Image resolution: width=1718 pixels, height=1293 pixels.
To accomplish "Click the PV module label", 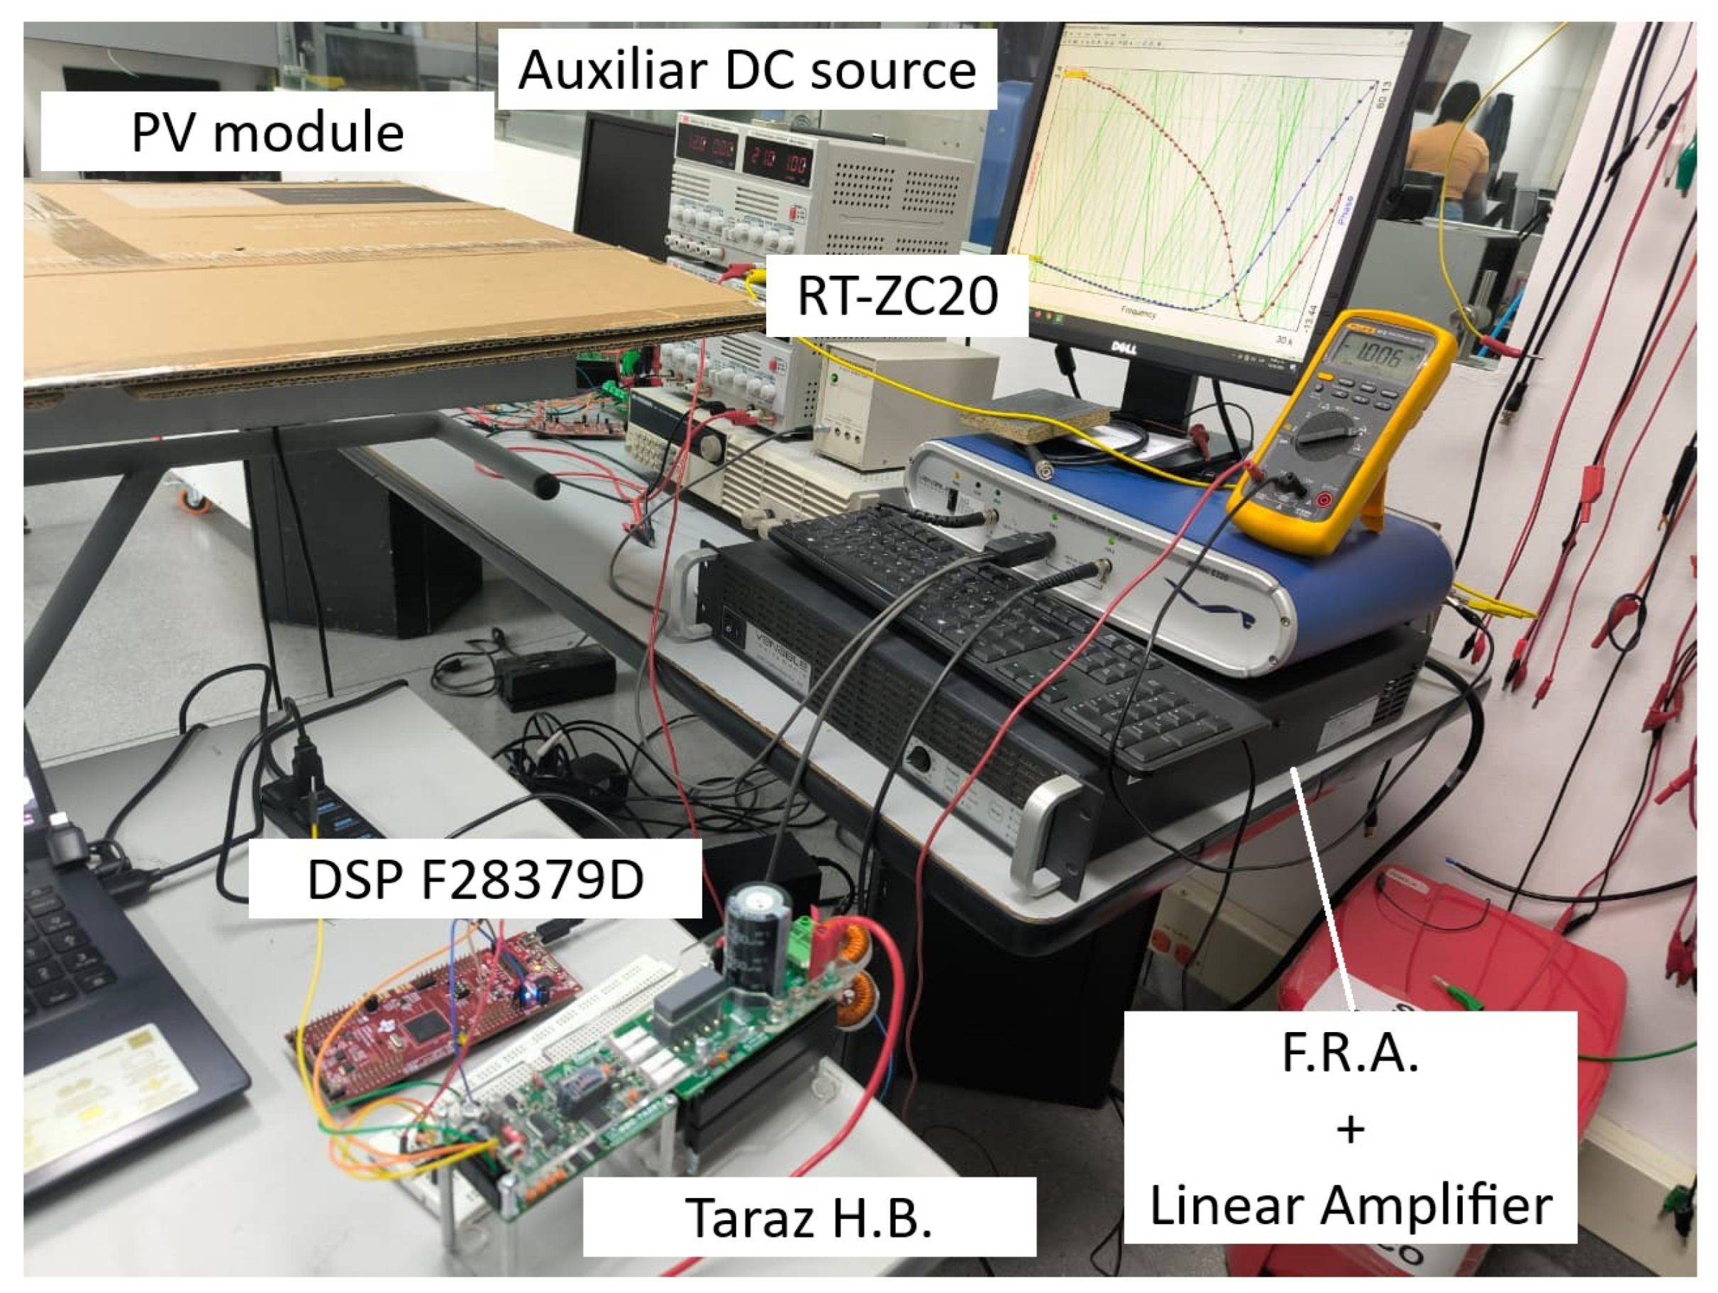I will [267, 132].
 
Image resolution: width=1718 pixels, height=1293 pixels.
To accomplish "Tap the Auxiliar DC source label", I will [746, 70].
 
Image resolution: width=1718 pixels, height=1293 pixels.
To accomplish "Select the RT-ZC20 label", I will [897, 296].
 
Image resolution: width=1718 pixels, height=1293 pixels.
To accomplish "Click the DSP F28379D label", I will [475, 880].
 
